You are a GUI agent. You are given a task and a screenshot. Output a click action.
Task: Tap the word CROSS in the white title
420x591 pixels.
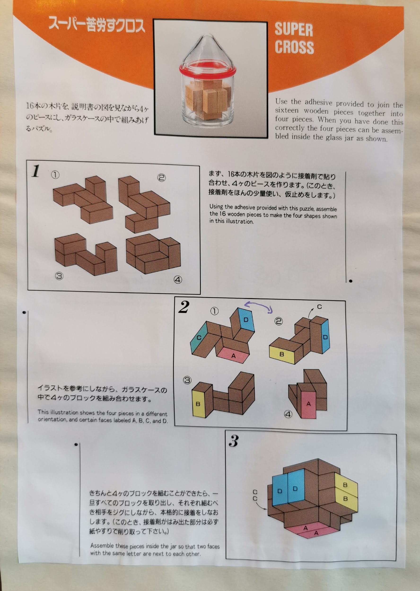click(x=294, y=47)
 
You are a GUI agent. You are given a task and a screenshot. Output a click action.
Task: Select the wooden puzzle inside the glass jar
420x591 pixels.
click(x=208, y=100)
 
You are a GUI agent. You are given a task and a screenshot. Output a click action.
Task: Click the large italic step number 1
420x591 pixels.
click(x=36, y=171)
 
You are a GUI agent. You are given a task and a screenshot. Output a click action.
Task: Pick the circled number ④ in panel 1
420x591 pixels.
click(x=178, y=279)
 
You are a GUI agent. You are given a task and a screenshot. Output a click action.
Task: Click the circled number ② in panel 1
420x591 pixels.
click(x=162, y=178)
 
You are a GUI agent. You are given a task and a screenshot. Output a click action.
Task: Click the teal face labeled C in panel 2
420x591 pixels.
click(x=199, y=337)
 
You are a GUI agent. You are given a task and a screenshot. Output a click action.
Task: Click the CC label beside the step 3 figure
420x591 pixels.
click(x=255, y=495)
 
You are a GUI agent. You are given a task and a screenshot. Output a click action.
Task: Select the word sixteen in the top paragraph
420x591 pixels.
click(x=287, y=110)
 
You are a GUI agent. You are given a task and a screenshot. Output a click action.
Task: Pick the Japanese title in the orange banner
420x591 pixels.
click(x=97, y=25)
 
